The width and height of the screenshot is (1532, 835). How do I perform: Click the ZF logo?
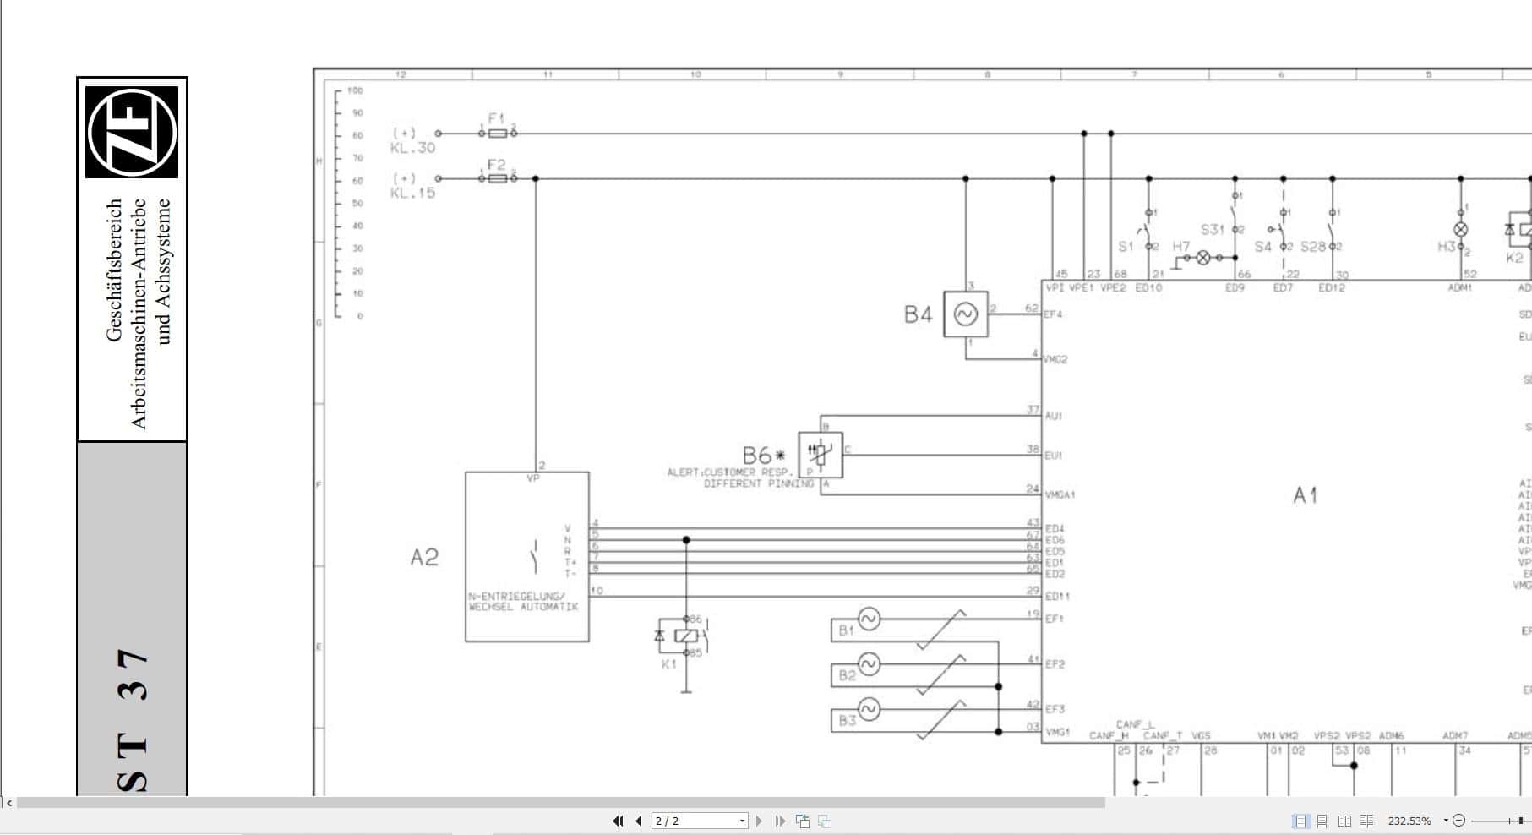[x=132, y=132]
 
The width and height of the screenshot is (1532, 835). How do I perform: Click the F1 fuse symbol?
[x=498, y=134]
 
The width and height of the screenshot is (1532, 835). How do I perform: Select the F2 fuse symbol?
[x=498, y=178]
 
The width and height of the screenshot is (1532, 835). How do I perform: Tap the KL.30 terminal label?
[x=412, y=148]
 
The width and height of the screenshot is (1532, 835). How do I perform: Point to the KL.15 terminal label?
[x=412, y=193]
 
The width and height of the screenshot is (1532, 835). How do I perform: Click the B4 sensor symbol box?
[x=965, y=314]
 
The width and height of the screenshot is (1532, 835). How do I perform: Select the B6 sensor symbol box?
[x=820, y=455]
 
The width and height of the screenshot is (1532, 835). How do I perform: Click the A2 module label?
[x=424, y=558]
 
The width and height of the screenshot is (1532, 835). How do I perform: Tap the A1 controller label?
[x=1305, y=495]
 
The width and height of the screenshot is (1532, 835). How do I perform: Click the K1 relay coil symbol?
[x=686, y=636]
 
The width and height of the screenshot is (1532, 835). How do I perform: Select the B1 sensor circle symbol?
[x=869, y=619]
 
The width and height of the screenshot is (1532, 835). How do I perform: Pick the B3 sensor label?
[x=847, y=721]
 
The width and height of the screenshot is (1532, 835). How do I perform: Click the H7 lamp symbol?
[x=1202, y=258]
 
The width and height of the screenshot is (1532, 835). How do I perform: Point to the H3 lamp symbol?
[x=1460, y=229]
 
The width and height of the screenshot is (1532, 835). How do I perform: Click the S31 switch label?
[x=1212, y=230]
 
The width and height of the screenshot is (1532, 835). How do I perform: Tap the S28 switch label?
[x=1312, y=247]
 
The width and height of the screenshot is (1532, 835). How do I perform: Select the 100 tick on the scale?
[x=355, y=90]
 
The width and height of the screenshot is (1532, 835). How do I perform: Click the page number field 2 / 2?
[x=698, y=821]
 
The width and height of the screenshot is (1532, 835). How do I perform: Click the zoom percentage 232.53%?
[x=1409, y=821]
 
